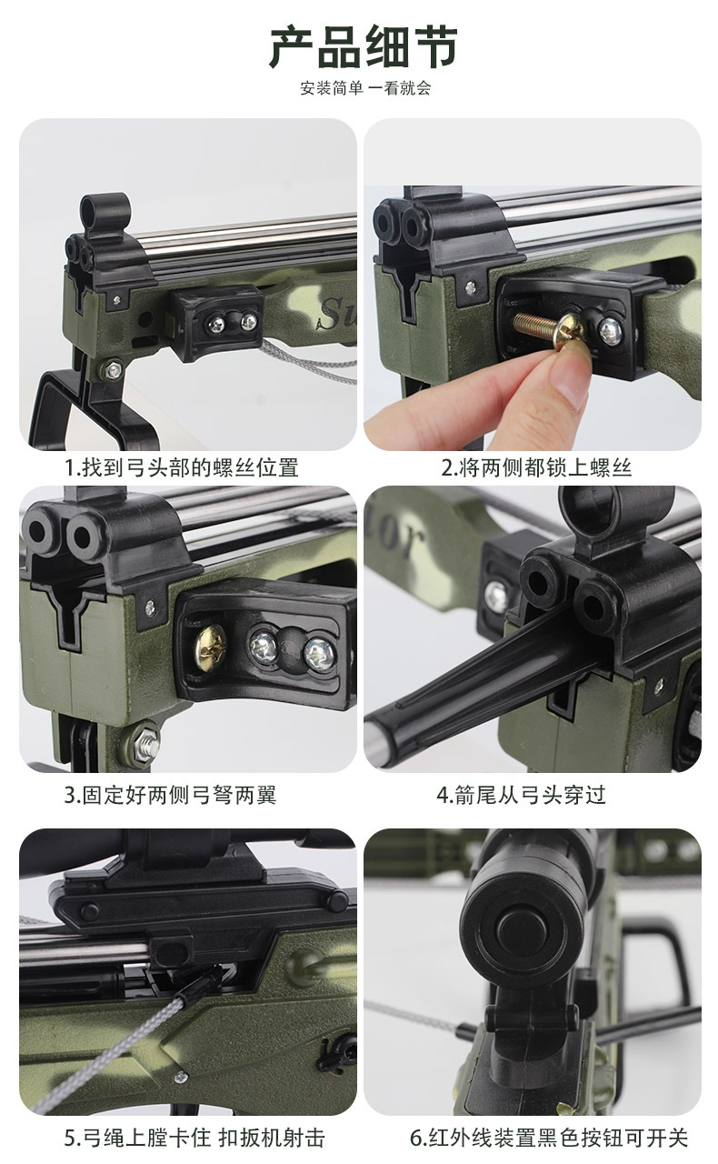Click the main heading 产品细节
364,48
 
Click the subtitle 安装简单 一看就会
365,88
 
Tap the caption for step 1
182,467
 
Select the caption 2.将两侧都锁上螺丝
536,467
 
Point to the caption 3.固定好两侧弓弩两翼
170,795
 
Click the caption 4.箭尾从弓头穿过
521,795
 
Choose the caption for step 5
194,1138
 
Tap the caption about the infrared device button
549,1138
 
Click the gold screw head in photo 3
211,647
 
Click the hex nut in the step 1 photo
113,370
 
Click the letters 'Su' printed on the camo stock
333,312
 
